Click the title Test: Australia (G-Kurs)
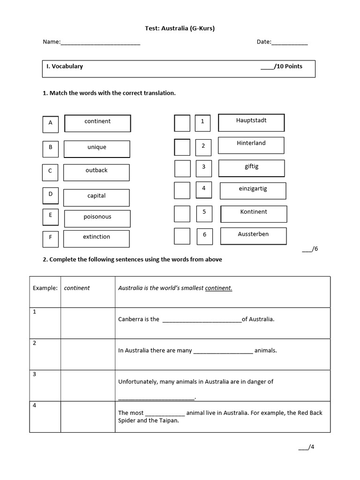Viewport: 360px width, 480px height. click(x=180, y=29)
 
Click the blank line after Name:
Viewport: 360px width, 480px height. click(x=100, y=43)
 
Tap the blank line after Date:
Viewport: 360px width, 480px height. click(x=290, y=43)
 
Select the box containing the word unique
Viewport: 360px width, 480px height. click(x=97, y=149)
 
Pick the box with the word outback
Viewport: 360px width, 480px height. click(x=96, y=172)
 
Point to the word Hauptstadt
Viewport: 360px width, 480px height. click(x=251, y=120)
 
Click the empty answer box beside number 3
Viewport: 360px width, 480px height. click(x=182, y=168)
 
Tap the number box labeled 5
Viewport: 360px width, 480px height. click(x=204, y=213)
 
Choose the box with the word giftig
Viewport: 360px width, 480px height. click(x=251, y=168)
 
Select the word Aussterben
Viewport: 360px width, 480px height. click(x=253, y=234)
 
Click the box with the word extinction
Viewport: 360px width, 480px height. click(x=97, y=239)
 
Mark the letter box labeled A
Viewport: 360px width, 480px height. click(x=50, y=123)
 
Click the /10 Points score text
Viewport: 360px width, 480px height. click(x=282, y=67)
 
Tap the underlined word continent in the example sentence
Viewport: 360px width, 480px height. click(x=218, y=288)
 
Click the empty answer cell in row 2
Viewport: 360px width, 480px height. click(x=88, y=354)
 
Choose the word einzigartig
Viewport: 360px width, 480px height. click(x=253, y=189)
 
